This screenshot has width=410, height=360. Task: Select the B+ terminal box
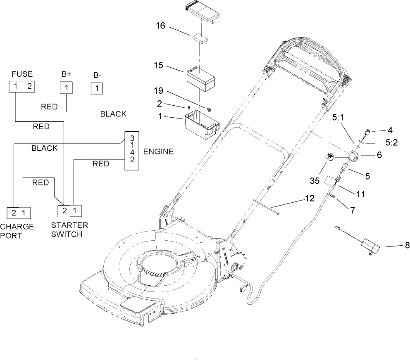tap(66, 88)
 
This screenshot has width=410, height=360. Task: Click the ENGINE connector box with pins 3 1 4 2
tap(132, 151)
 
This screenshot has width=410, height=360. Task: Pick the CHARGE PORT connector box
tap(19, 213)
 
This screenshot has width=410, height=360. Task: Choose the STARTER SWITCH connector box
tap(69, 211)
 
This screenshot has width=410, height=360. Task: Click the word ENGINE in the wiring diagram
tap(158, 152)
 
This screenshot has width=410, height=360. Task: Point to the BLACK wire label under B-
tap(113, 114)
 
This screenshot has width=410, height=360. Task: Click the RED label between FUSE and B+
tap(49, 107)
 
